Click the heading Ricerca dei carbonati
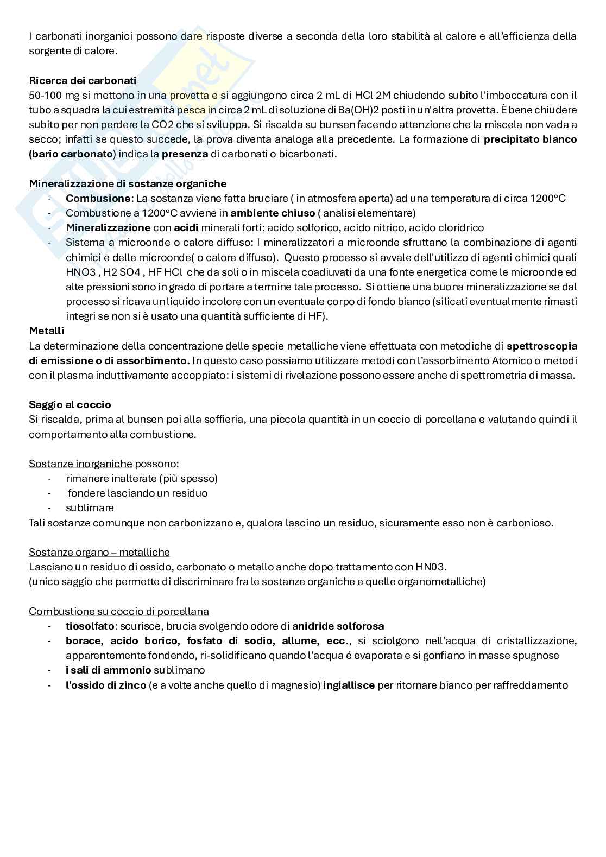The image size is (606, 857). pyautogui.click(x=83, y=80)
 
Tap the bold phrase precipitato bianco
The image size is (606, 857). pyautogui.click(x=530, y=139)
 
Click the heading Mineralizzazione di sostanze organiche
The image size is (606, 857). pyautogui.click(x=128, y=183)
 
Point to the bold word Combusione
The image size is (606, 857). pyautogui.click(x=98, y=198)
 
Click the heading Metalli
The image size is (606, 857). pyautogui.click(x=47, y=331)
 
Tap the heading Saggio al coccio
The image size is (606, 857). pyautogui.click(x=70, y=404)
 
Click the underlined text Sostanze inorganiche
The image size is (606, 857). pyautogui.click(x=80, y=464)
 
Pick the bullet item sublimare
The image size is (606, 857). pyautogui.click(x=90, y=508)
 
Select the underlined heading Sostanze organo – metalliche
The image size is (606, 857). pyautogui.click(x=99, y=552)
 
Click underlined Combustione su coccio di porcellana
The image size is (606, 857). pyautogui.click(x=118, y=611)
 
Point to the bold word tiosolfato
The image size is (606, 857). pyautogui.click(x=90, y=626)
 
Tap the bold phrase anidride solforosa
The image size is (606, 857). pyautogui.click(x=338, y=626)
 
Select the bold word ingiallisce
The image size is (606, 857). pyautogui.click(x=349, y=685)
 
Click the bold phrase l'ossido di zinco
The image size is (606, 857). pyautogui.click(x=106, y=685)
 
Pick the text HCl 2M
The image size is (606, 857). pyautogui.click(x=376, y=95)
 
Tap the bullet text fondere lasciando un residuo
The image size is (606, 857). pyautogui.click(x=137, y=493)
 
